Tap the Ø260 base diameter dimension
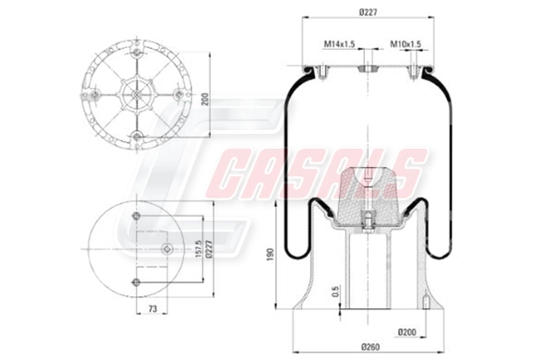tap(370, 347)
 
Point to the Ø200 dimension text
tap(407, 330)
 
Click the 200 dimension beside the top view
tap(205, 98)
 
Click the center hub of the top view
tap(136, 95)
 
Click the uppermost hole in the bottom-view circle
tap(136, 217)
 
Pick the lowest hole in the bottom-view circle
tap(136, 282)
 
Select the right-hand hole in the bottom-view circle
tap(165, 248)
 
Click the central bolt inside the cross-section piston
tap(368, 220)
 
